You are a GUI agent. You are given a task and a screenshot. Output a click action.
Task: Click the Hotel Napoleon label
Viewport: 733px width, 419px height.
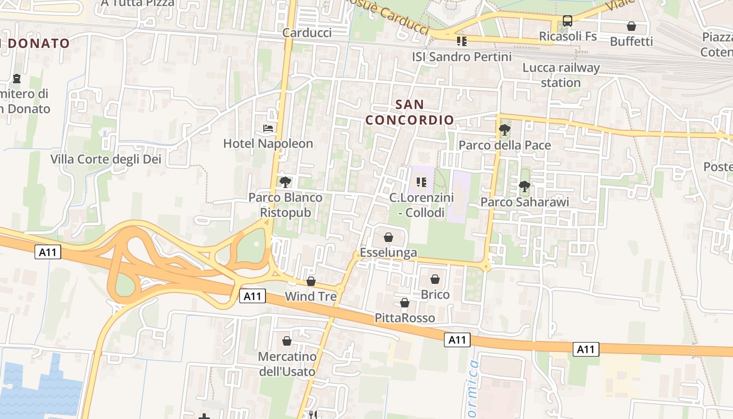tap(268, 144)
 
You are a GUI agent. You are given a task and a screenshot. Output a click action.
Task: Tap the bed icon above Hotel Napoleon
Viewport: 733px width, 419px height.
tap(268, 128)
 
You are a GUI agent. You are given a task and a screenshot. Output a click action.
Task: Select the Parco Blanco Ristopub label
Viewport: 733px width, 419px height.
tap(285, 205)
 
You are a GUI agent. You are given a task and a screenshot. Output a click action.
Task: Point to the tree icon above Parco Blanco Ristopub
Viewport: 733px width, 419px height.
tap(285, 182)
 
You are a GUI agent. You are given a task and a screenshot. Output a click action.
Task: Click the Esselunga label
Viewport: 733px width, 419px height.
tap(388, 252)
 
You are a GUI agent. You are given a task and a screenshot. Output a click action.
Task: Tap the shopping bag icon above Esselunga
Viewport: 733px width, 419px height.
tap(388, 237)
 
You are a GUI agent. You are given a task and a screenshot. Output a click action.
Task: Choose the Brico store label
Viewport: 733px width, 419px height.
tap(435, 294)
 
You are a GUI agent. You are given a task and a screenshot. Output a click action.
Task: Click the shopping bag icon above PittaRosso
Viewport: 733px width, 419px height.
tap(405, 303)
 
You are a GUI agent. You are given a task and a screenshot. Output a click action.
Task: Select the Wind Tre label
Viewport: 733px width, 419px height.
tap(310, 296)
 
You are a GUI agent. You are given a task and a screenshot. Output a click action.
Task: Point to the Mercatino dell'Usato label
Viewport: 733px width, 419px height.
tap(287, 364)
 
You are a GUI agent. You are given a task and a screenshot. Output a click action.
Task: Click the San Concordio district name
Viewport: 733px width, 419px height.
tap(409, 112)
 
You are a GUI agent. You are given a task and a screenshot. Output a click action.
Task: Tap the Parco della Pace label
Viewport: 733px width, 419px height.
tap(505, 145)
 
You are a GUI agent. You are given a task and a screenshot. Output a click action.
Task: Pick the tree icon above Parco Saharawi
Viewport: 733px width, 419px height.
tap(524, 186)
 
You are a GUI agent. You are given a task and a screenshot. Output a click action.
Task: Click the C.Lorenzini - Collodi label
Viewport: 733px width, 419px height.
tap(421, 205)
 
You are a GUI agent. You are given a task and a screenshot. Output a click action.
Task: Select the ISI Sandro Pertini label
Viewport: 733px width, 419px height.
tap(462, 57)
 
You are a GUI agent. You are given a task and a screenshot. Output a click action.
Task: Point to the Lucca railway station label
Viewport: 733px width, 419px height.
tap(561, 75)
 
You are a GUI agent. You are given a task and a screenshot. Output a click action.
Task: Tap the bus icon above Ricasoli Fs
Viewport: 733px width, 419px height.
tap(568, 21)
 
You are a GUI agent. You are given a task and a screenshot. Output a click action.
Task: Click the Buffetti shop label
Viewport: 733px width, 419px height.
tap(631, 41)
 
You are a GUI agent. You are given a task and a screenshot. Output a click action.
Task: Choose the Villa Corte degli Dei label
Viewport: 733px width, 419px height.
tap(106, 159)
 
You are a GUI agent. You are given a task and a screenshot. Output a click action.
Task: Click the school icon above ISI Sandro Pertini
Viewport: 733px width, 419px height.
tap(461, 41)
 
